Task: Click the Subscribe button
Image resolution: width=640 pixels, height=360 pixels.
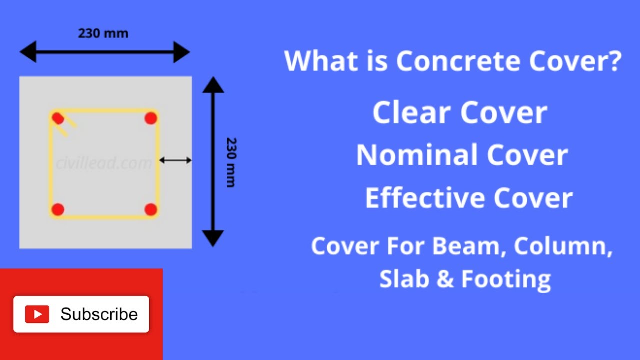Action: click(x=81, y=314)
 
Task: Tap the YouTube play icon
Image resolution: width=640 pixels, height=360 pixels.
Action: click(x=37, y=314)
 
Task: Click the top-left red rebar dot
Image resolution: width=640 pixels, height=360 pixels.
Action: click(x=58, y=118)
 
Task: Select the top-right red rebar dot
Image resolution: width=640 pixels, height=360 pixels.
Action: click(x=151, y=118)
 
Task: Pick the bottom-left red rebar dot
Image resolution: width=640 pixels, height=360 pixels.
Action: click(x=58, y=210)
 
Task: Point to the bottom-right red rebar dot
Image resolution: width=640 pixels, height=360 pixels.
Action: click(x=151, y=210)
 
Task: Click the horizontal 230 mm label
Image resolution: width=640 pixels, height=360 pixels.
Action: click(x=103, y=33)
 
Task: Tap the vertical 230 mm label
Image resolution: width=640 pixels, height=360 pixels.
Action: click(x=231, y=162)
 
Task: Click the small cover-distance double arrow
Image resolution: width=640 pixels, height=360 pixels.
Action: click(x=175, y=160)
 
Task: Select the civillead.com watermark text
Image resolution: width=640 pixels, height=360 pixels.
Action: click(x=104, y=163)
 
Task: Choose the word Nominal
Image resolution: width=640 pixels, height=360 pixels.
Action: click(x=417, y=155)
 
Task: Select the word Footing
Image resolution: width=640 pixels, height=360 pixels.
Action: click(x=506, y=279)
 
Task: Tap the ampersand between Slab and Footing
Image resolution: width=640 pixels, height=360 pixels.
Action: click(x=444, y=279)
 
